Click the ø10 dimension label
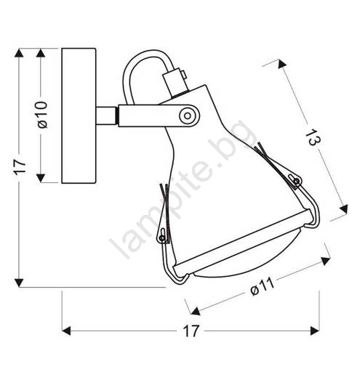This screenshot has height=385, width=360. tap(42, 115)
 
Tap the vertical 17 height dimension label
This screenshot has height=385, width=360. tap(20, 167)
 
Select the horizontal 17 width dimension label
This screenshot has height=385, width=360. tap(191, 331)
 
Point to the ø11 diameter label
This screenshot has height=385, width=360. tap(262, 287)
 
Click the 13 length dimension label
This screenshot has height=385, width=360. tap(313, 137)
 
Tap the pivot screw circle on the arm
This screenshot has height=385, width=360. tap(188, 115)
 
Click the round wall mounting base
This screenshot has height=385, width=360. tap(79, 115)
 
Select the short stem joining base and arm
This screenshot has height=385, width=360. tap(106, 115)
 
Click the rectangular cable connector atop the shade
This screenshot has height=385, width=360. tap(175, 82)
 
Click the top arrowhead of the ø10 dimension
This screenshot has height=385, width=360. tap(41, 53)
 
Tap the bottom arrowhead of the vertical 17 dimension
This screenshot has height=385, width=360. tap(19, 283)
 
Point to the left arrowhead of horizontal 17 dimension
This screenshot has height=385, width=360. tap(66, 331)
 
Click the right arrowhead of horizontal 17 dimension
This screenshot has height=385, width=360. tap(315, 331)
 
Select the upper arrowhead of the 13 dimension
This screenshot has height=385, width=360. tap(281, 64)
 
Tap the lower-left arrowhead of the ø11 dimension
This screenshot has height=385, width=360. tap(196, 311)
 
